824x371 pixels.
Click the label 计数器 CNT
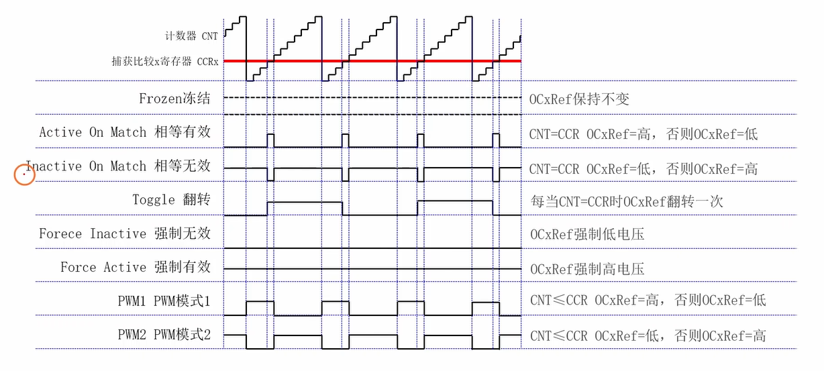191,36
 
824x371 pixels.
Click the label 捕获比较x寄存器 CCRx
165,61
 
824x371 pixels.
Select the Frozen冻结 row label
174,99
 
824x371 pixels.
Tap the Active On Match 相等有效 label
125,132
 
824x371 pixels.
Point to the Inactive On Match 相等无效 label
118,166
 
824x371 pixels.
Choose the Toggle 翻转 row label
171,199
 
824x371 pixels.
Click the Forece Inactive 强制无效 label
125,233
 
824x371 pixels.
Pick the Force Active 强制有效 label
136,267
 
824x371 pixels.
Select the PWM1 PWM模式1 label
164,301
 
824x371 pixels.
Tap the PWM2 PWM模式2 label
164,335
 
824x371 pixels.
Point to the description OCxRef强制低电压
587,235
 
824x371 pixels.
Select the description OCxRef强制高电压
587,269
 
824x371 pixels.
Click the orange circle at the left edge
25,176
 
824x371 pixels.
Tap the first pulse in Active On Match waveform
270,140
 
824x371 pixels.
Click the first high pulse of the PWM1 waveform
260,302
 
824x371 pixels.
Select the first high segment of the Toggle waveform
305,201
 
